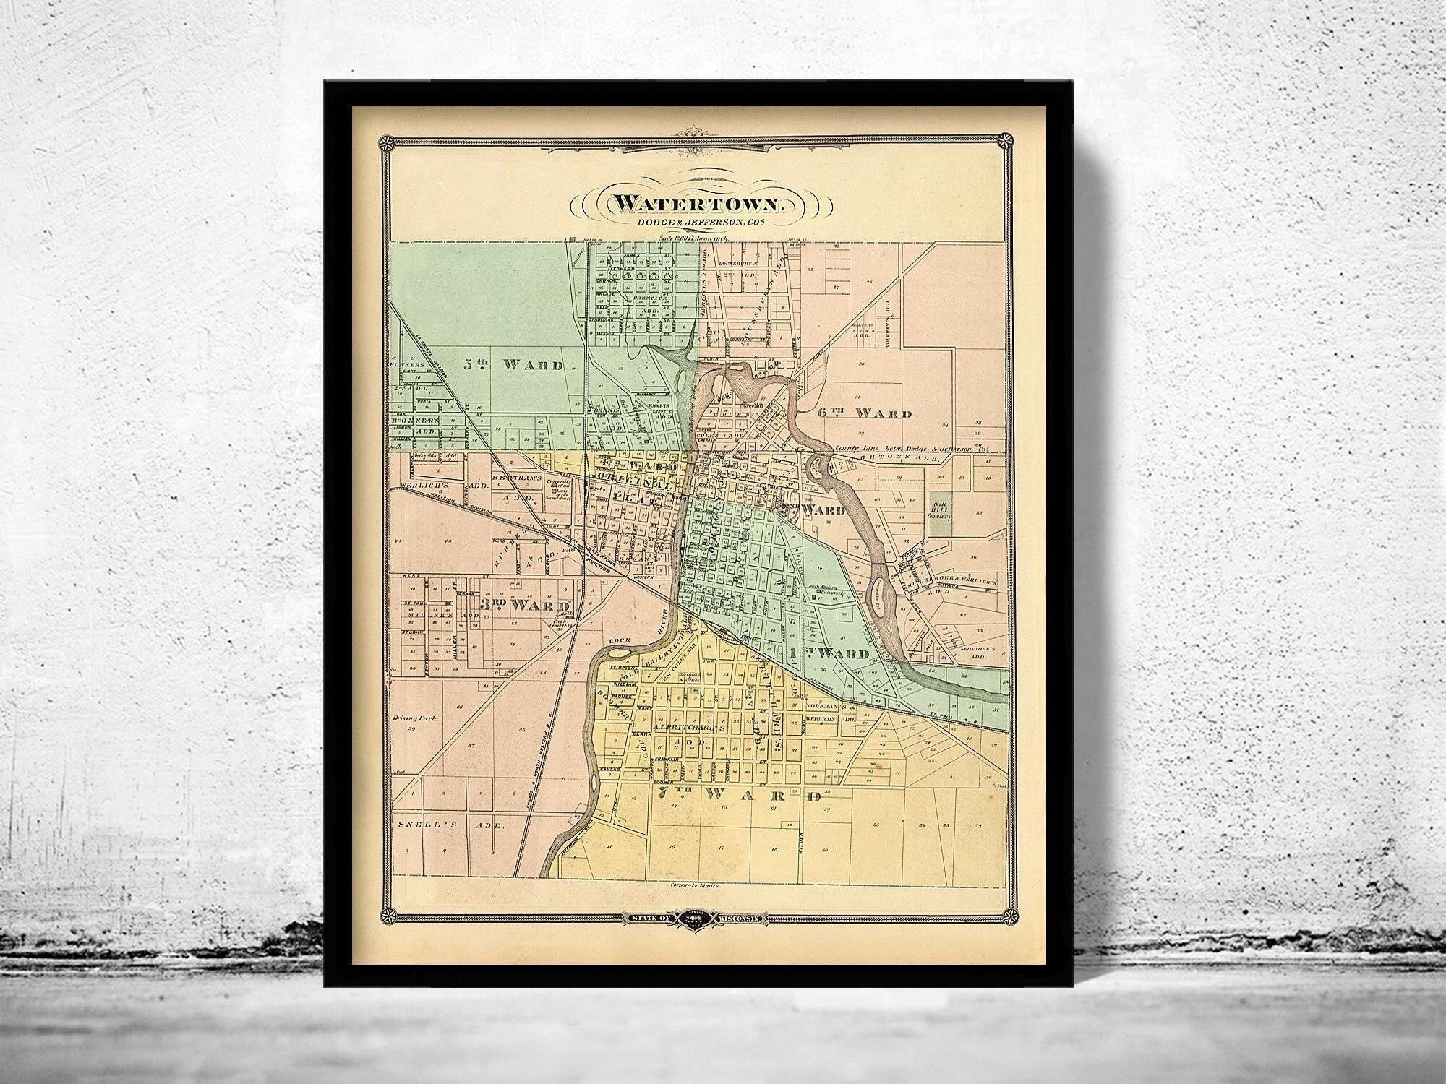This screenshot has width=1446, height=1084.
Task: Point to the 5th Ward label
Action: (x=513, y=365)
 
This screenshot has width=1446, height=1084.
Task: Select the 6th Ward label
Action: (x=864, y=413)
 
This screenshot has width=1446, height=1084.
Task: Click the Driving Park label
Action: (x=413, y=720)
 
